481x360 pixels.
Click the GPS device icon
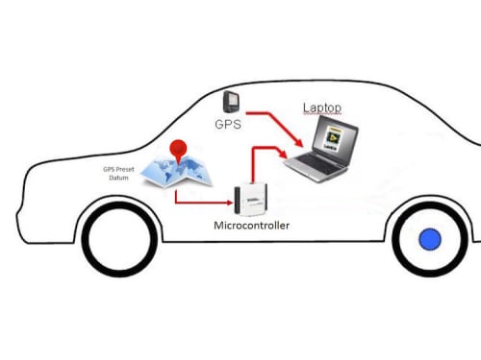231,102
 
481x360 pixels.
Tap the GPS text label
228,124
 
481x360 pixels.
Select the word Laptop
322,108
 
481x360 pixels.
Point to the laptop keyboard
316,162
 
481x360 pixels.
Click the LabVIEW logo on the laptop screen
333,137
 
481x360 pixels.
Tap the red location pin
178,151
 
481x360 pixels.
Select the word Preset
125,169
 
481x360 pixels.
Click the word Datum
118,178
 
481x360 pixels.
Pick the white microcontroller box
251,200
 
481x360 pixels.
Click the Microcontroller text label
251,226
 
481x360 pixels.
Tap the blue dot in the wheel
430,239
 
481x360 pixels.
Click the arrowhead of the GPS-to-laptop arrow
299,143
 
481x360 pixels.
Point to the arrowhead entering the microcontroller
229,203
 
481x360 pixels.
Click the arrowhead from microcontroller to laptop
284,154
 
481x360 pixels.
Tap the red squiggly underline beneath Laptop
322,113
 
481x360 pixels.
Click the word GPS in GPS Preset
109,169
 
